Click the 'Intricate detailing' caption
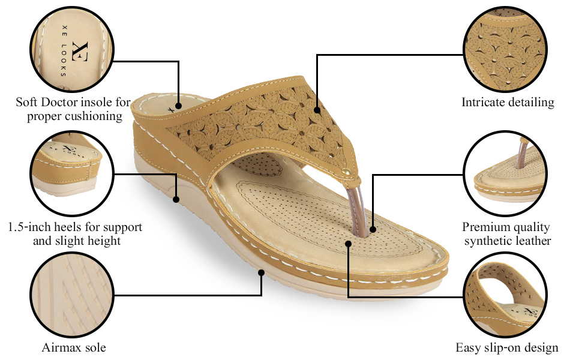tap(508, 103)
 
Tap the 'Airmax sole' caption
tap(74, 348)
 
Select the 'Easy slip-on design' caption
tap(507, 348)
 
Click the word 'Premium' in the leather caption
tap(484, 227)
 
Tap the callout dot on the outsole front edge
tap(262, 272)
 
